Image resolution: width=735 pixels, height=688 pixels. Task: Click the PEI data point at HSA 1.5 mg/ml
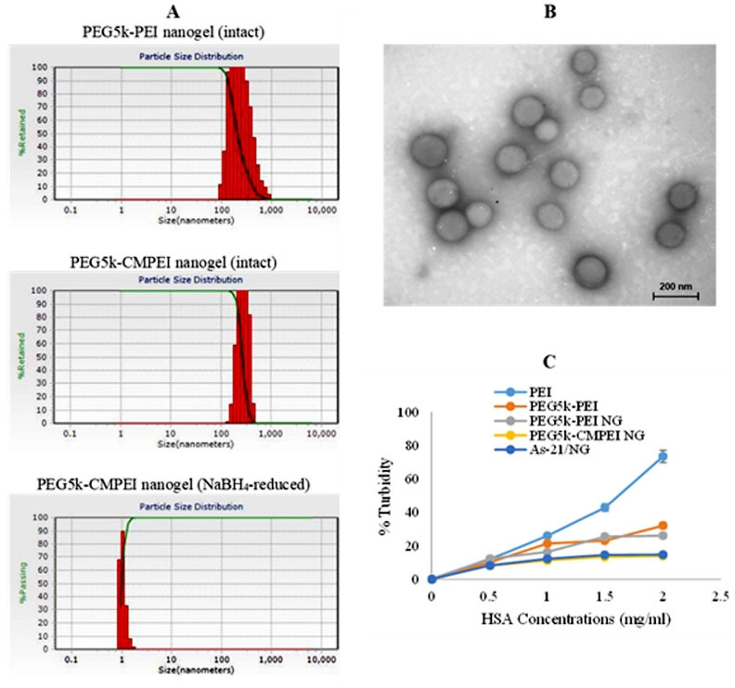[x=605, y=507]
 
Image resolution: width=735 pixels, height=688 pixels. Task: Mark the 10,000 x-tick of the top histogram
[x=320, y=211]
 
